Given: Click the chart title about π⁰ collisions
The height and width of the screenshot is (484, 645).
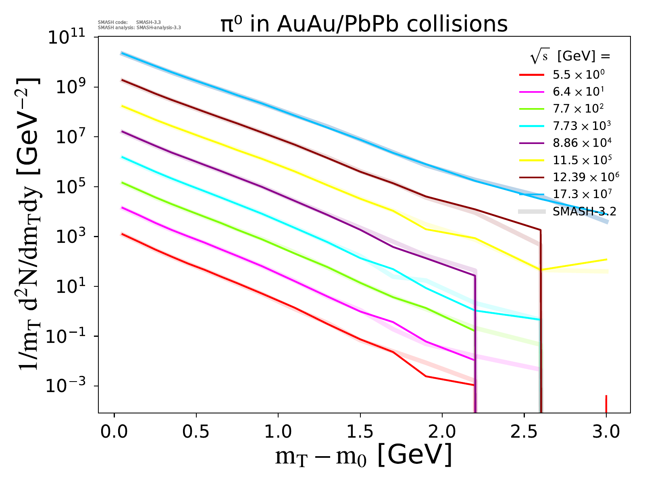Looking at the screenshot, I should pyautogui.click(x=364, y=25).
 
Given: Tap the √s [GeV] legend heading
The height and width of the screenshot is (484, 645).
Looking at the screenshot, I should pyautogui.click(x=570, y=57).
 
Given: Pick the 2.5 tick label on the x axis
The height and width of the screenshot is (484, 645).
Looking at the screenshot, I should pyautogui.click(x=524, y=432).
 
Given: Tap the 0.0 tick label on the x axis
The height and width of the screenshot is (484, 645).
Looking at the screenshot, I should pyautogui.click(x=114, y=432).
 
